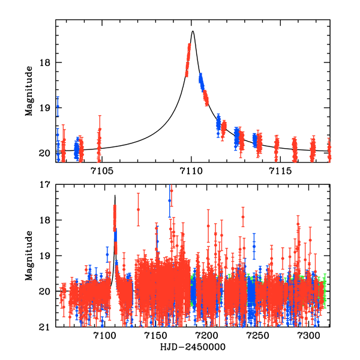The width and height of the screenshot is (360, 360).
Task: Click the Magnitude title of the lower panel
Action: (29, 257)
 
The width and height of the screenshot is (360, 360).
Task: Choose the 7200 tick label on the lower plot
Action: (207, 337)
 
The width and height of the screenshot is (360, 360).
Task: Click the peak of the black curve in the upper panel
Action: (193, 31)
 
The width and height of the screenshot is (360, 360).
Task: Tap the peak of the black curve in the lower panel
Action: (115, 195)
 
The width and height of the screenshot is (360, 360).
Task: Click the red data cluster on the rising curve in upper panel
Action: (188, 60)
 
